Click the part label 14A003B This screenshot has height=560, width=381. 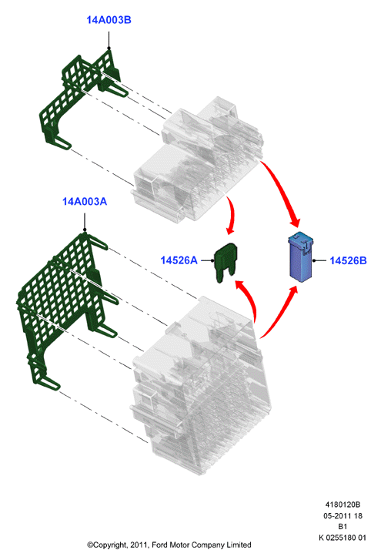109,20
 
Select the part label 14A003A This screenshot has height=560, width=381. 85,202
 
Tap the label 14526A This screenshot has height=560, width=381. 179,260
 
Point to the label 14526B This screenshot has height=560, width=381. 348,260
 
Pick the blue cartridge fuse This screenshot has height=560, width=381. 300,257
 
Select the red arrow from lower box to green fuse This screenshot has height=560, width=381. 249,297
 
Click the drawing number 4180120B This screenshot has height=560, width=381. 343,505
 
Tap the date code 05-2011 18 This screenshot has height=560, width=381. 343,516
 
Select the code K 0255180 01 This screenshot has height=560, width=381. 343,538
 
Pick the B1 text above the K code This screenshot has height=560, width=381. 343,527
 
